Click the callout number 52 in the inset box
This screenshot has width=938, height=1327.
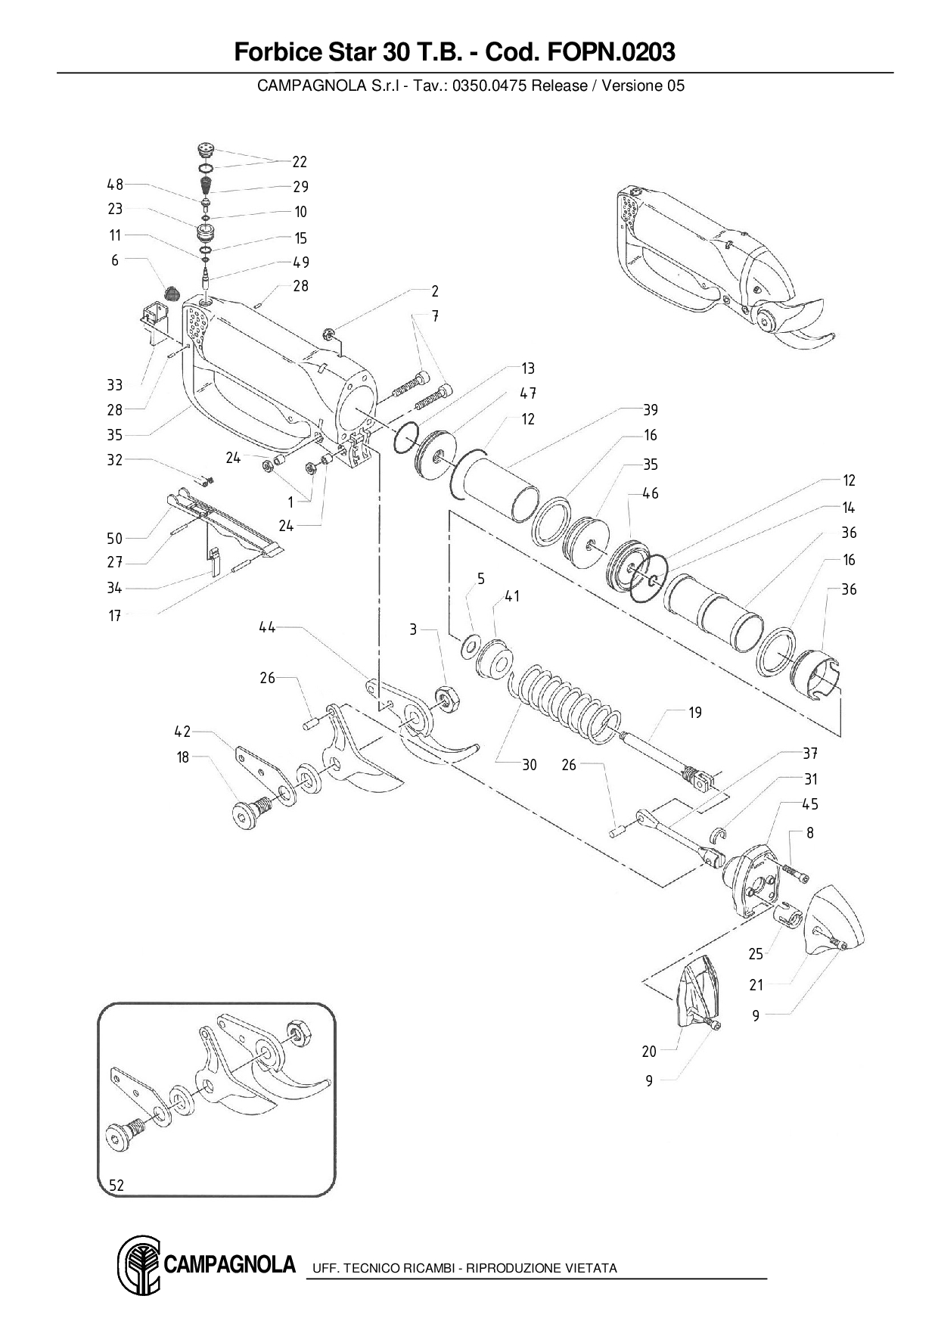[116, 1186]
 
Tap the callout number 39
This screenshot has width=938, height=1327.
[651, 409]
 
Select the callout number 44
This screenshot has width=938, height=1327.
[267, 626]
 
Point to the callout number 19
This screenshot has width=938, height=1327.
[694, 712]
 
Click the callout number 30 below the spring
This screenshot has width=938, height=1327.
[530, 765]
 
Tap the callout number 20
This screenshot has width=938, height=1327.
[649, 1051]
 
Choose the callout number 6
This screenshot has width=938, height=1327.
[115, 260]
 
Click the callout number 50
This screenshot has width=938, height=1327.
[114, 538]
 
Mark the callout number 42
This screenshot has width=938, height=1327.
[182, 732]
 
